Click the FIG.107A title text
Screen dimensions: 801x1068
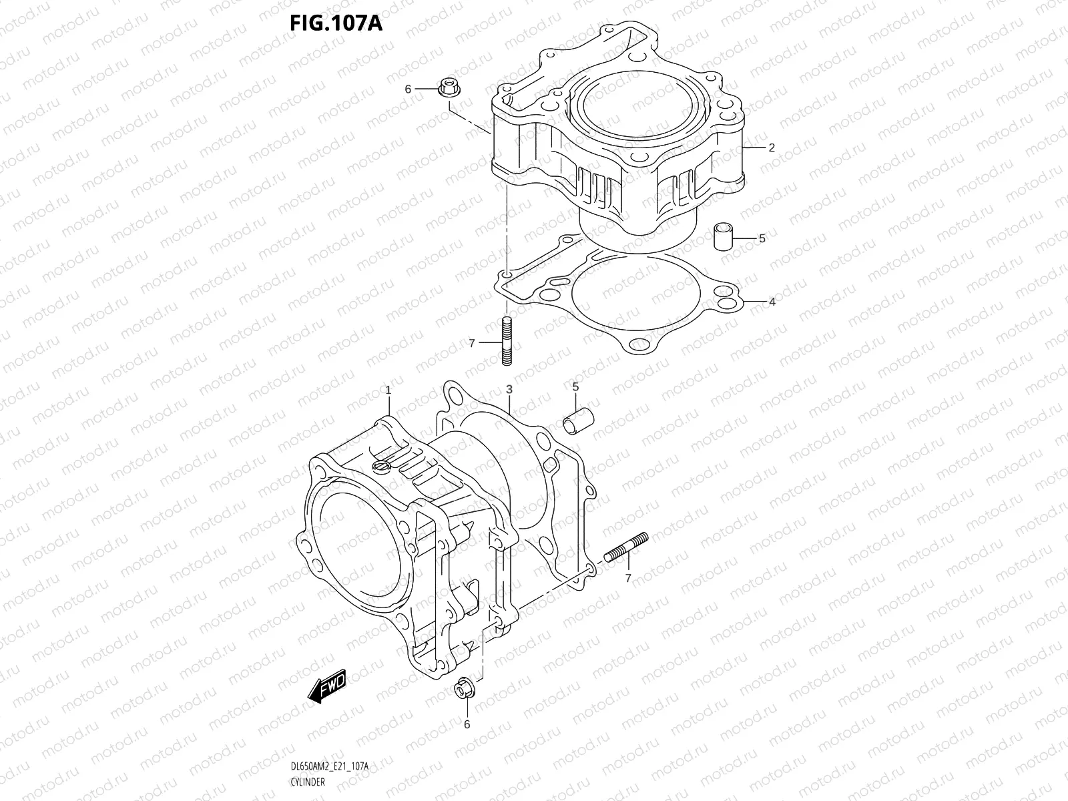pyautogui.click(x=335, y=23)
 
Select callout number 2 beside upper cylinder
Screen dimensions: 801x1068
pyautogui.click(x=772, y=148)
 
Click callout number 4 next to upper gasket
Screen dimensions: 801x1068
pyautogui.click(x=772, y=302)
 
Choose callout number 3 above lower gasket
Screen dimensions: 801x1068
pyautogui.click(x=509, y=389)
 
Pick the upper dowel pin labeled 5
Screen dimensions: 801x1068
pyautogui.click(x=724, y=238)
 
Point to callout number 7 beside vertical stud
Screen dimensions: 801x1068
pyautogui.click(x=471, y=343)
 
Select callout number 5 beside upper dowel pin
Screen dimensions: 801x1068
pyautogui.click(x=762, y=238)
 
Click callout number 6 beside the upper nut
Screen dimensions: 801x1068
pyautogui.click(x=407, y=89)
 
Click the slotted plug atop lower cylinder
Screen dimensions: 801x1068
pyautogui.click(x=380, y=465)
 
